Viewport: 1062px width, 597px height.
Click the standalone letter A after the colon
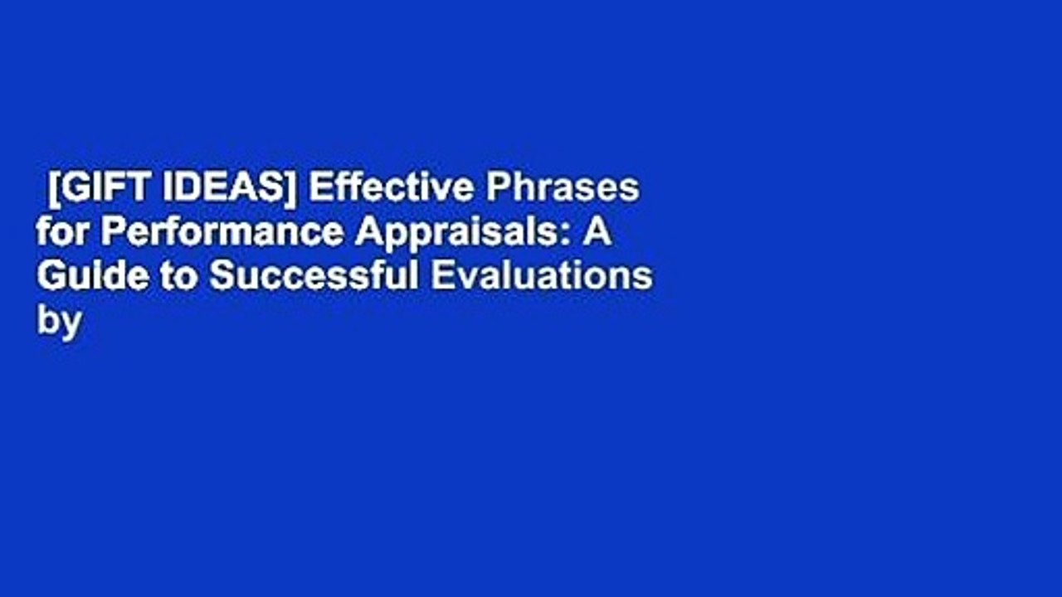[x=597, y=234]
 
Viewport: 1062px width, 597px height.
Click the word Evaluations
[x=540, y=278]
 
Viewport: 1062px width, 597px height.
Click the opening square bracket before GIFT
[x=53, y=190]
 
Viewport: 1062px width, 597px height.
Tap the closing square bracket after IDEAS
[x=300, y=190]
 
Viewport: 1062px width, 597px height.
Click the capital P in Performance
[x=111, y=234]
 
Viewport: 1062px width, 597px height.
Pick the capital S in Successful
[x=219, y=278]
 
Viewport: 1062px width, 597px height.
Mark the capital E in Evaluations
[x=439, y=278]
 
